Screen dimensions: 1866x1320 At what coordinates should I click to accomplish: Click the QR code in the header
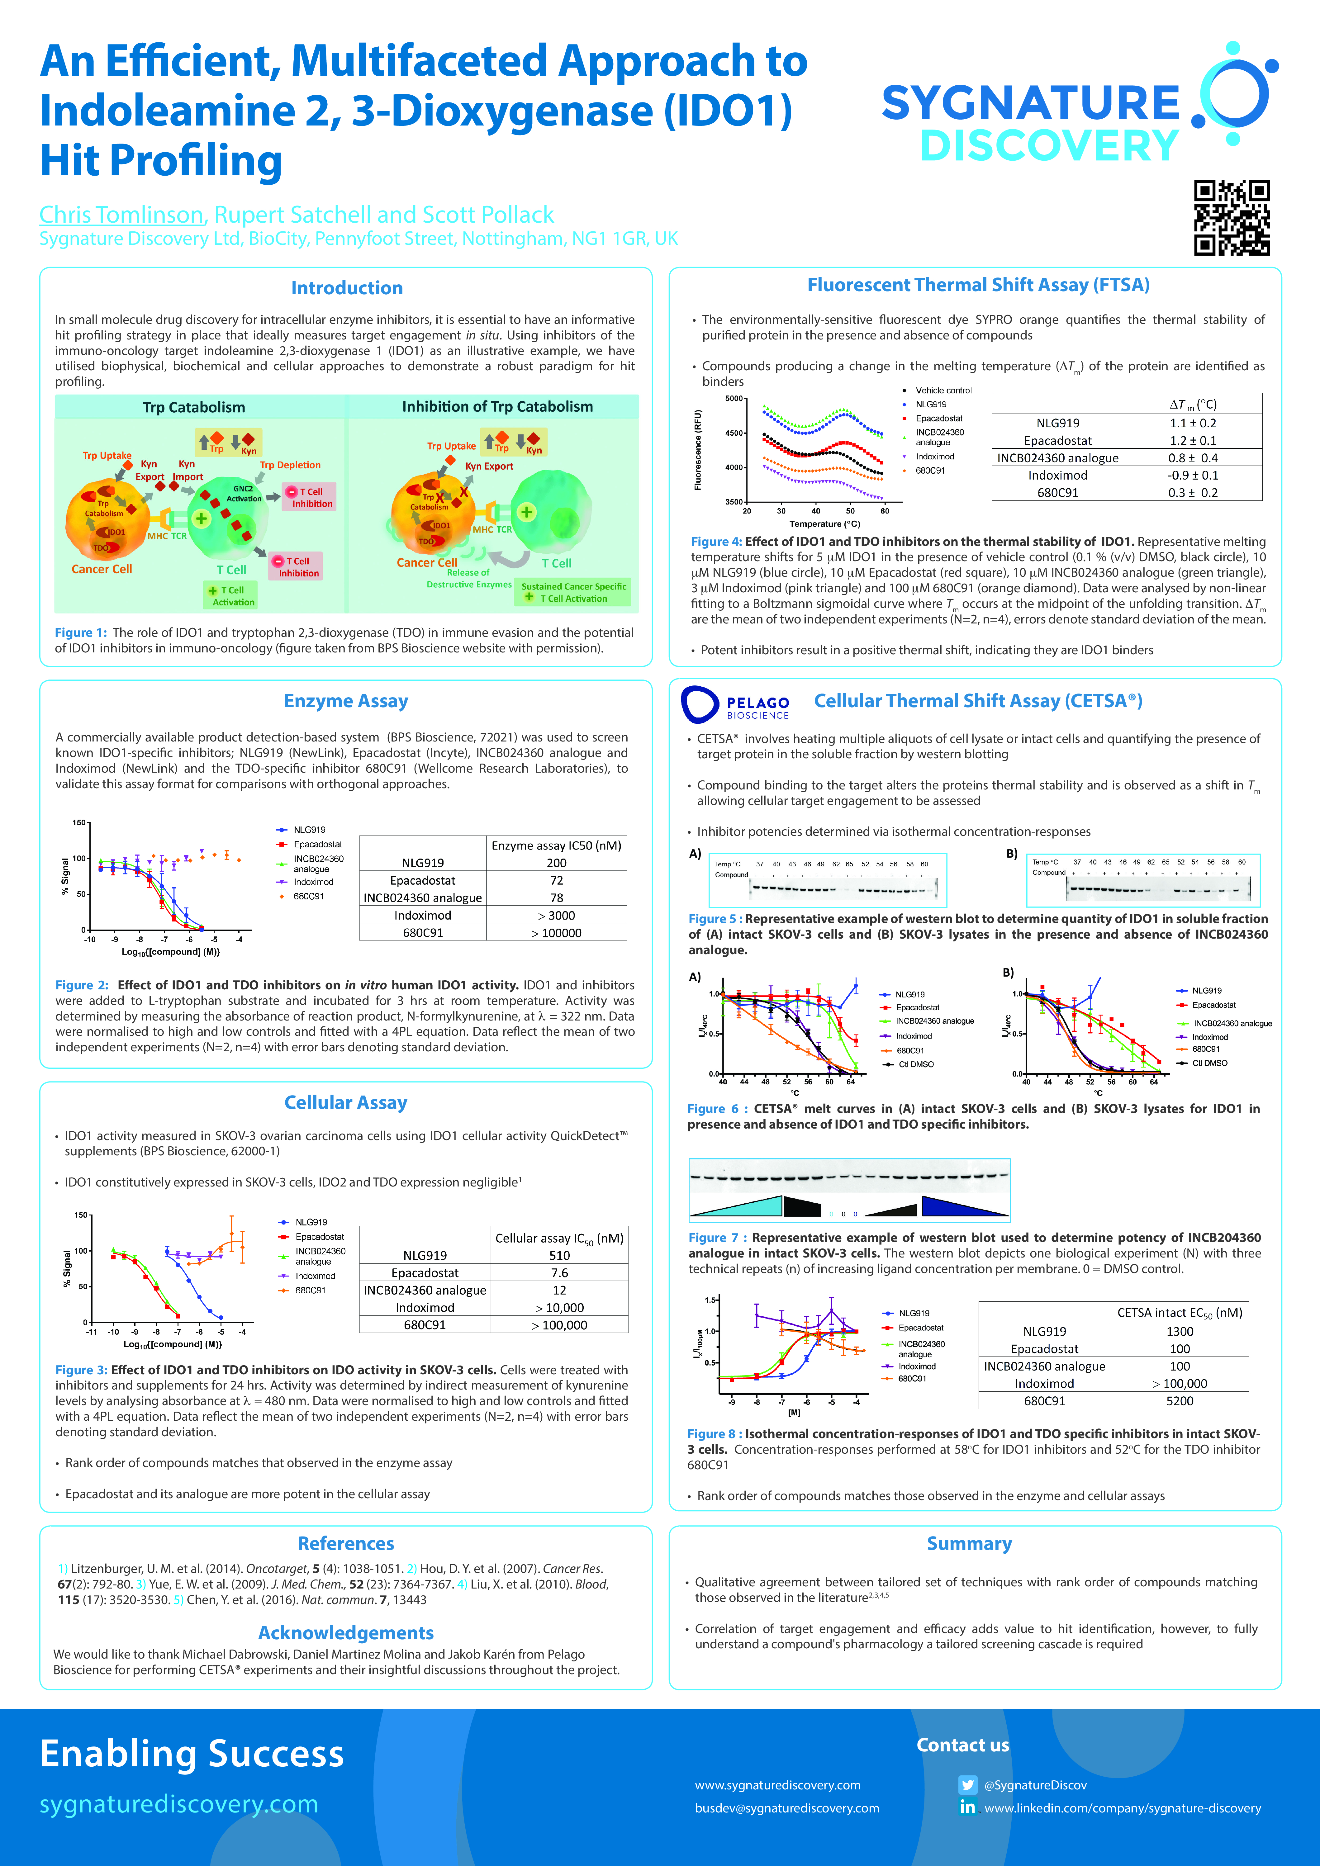click(x=1232, y=218)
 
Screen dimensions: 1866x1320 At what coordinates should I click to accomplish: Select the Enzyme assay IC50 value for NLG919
click(x=557, y=863)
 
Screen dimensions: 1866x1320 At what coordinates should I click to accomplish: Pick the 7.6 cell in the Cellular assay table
click(x=559, y=1273)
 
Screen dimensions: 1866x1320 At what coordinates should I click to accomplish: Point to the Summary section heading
click(x=969, y=1543)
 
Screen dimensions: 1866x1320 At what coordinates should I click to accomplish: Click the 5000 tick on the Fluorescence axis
click(x=733, y=398)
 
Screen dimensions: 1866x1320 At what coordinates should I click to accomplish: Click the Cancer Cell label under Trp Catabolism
click(x=102, y=569)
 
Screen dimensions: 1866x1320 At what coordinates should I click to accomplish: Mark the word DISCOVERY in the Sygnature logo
click(x=1048, y=146)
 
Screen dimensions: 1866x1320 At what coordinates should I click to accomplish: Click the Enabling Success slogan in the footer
click(x=192, y=1753)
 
